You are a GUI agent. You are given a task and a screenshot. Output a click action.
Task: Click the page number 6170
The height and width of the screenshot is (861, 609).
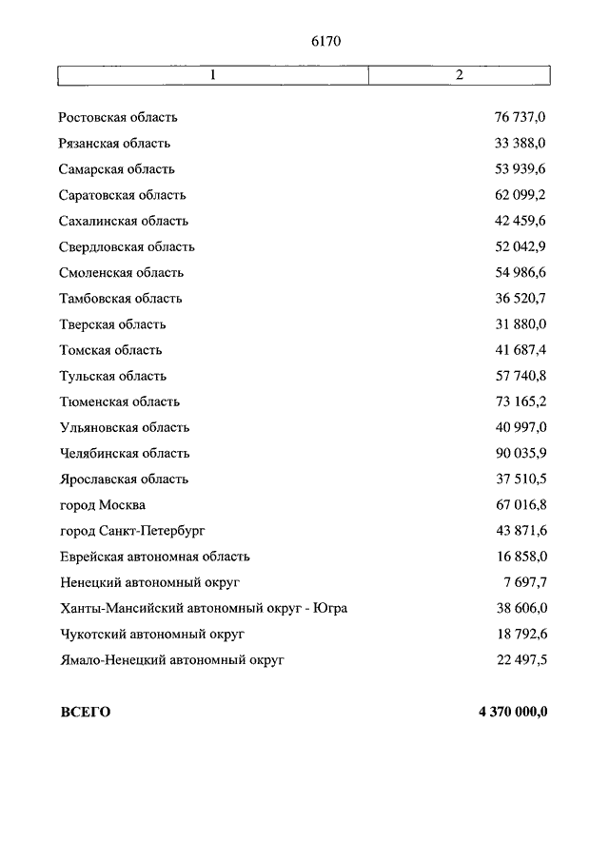pos(324,41)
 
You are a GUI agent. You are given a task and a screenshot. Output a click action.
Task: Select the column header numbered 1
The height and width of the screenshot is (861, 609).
pos(212,75)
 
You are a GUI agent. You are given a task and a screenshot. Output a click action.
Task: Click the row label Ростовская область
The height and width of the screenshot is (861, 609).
pos(118,118)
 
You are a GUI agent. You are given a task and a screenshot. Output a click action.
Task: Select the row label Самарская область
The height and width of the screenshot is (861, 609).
pos(116,169)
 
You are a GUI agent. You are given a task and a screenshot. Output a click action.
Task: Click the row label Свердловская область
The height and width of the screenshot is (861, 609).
pos(127,246)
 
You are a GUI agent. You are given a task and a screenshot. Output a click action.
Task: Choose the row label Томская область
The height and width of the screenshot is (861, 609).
pos(110,350)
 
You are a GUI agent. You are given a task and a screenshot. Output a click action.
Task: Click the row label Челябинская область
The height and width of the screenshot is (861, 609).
pos(124,453)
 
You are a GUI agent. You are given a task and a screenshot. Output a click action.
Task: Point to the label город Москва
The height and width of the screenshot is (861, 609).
pos(102,505)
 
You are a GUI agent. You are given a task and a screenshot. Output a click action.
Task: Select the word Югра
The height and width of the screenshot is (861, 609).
pos(329,608)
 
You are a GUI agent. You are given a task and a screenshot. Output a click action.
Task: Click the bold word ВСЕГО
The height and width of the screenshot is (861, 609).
pos(85,712)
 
